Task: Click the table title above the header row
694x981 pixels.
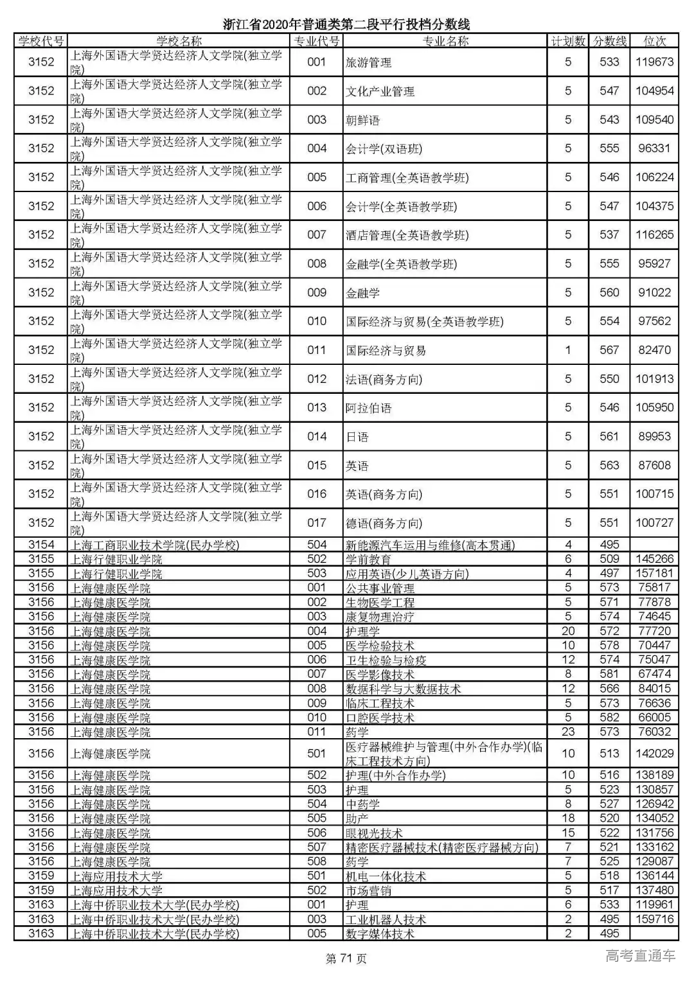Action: tap(346, 24)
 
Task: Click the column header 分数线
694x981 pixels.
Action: tap(609, 41)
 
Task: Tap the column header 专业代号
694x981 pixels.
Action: tap(316, 41)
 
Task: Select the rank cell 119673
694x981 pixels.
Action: tap(654, 62)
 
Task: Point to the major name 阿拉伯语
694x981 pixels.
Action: tap(369, 408)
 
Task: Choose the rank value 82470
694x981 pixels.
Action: tap(654, 350)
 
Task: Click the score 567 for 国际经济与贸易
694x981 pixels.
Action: tap(609, 350)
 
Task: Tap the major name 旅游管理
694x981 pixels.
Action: tap(369, 62)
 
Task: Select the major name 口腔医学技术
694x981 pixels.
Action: tap(380, 718)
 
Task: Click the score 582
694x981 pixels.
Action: tap(609, 718)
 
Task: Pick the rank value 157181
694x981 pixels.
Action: tap(654, 573)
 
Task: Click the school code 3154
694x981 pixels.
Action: tap(41, 545)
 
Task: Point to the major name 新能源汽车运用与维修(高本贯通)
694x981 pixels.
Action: tap(431, 545)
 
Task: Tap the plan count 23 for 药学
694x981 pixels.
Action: tap(568, 732)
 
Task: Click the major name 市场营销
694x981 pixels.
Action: tap(369, 890)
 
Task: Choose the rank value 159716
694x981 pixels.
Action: tap(654, 919)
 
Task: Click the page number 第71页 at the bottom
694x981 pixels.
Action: tap(346, 959)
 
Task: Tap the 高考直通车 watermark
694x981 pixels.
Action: tap(641, 956)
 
